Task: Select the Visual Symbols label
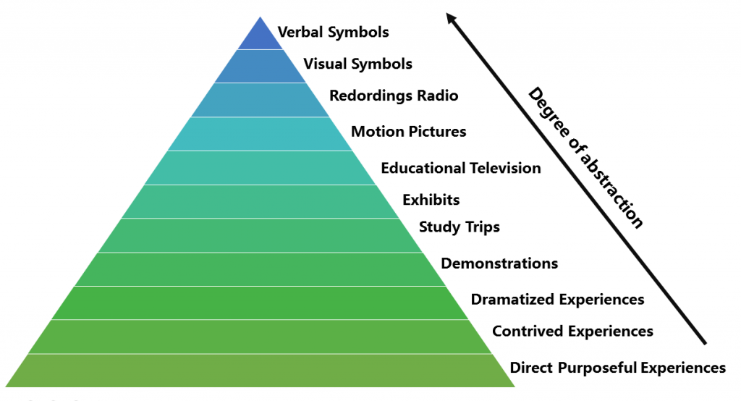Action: point(357,64)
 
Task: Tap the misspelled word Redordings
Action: point(364,96)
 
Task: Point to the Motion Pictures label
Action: point(408,132)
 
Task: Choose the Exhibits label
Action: point(431,199)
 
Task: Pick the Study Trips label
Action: point(460,227)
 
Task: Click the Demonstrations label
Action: point(499,263)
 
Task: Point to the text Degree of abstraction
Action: point(585,158)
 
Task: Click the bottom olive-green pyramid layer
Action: point(261,371)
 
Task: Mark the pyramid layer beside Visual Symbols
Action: point(259,67)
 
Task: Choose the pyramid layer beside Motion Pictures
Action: point(259,134)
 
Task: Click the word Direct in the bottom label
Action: point(532,368)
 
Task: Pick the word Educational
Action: point(423,169)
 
